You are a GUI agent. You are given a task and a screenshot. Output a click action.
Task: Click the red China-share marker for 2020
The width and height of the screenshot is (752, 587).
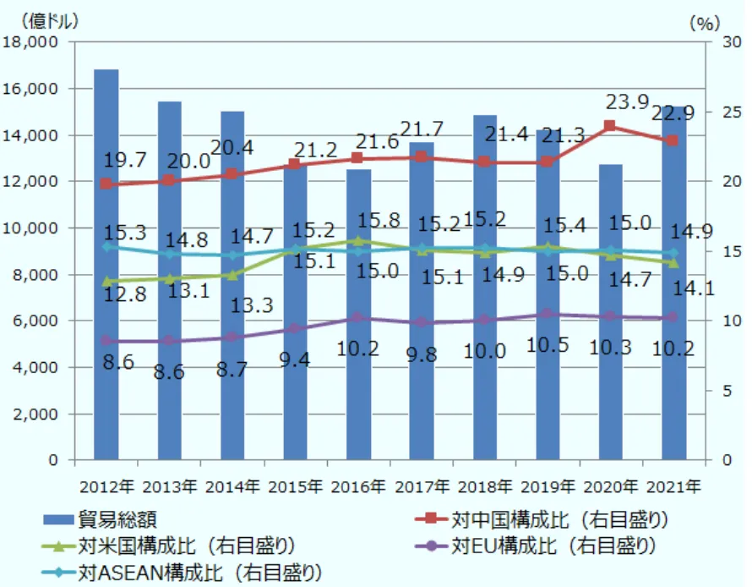tap(610, 126)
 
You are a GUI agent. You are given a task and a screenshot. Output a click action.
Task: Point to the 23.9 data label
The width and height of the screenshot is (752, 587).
tap(627, 102)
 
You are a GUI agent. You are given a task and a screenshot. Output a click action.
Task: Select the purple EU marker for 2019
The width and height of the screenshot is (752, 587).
tap(548, 314)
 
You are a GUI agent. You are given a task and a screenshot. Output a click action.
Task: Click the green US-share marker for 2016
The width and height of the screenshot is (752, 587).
tap(358, 241)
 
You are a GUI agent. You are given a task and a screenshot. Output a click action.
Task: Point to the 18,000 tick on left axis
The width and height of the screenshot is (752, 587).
tap(34, 42)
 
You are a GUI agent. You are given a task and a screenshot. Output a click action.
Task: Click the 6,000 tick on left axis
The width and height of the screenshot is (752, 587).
tap(37, 321)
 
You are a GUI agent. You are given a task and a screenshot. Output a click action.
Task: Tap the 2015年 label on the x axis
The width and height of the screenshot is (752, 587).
tap(296, 486)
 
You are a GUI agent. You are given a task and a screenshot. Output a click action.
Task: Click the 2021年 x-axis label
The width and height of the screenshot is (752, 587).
tap(673, 486)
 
